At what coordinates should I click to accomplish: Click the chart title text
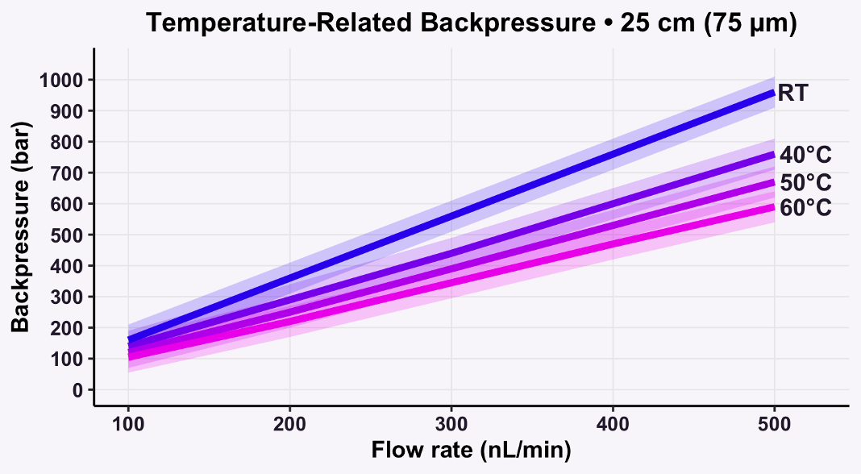pos(472,23)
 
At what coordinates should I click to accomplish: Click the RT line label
pos(794,94)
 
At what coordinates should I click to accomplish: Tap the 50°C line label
pos(805,182)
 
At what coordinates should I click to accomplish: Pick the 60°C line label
pos(805,208)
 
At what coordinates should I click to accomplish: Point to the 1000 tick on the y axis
pos(67,80)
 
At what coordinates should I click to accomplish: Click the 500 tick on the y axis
pos(72,235)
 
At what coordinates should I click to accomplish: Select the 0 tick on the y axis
pos(78,389)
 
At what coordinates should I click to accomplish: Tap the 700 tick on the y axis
pos(72,173)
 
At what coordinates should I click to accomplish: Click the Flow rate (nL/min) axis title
pos(472,451)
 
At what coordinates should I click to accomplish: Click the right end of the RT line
pos(774,93)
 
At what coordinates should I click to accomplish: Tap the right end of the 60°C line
pos(774,207)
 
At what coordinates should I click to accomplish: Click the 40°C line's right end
pos(774,154)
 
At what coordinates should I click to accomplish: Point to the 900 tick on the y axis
pos(72,110)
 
